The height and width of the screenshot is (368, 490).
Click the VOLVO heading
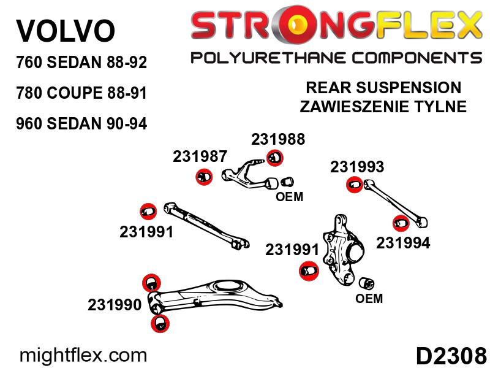click(66, 31)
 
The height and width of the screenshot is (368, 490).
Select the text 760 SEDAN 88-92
click(81, 63)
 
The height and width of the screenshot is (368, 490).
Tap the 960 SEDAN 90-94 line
click(81, 124)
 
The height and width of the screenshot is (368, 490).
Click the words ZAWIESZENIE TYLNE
click(383, 106)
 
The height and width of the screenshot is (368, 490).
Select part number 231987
click(200, 156)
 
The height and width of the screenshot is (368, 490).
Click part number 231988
click(278, 139)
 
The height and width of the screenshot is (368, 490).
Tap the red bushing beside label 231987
click(204, 177)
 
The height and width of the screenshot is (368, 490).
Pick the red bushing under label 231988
click(275, 158)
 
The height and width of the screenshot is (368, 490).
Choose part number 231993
click(357, 167)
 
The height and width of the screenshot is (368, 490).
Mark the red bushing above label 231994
click(401, 223)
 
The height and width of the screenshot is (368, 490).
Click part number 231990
click(115, 305)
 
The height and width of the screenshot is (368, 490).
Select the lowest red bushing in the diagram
click(160, 324)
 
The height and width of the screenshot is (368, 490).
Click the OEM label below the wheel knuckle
click(369, 298)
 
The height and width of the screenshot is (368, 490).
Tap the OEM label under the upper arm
click(289, 197)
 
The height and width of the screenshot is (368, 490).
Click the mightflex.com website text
click(83, 356)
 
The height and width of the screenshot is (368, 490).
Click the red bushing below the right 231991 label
click(309, 270)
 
